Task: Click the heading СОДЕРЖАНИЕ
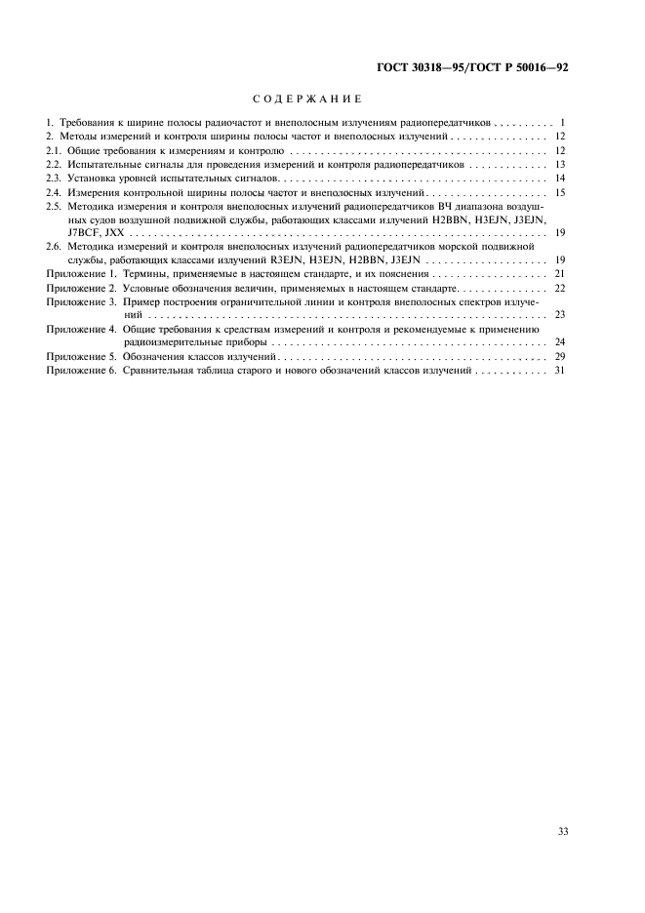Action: pyautogui.click(x=307, y=100)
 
